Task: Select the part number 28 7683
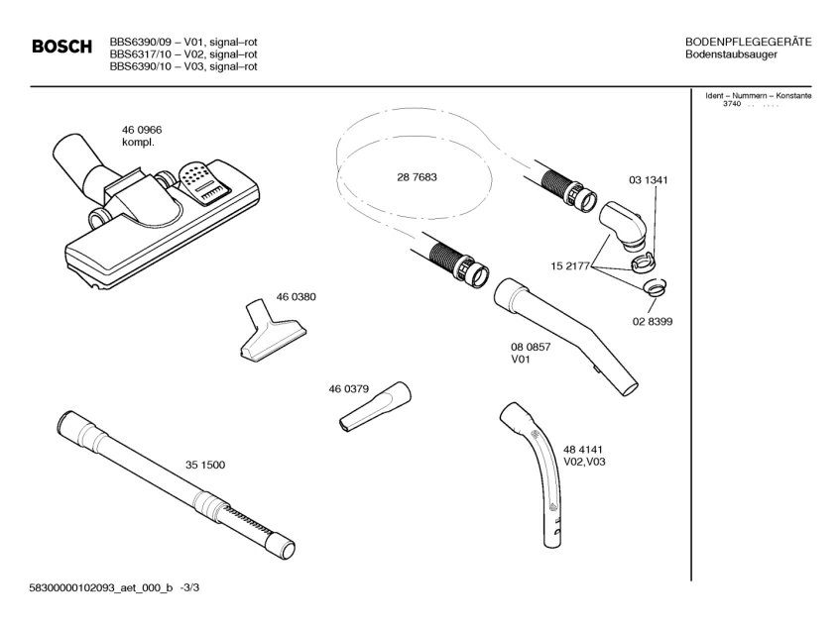[x=417, y=177]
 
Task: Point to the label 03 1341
[x=649, y=180]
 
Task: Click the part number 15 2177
[x=571, y=265]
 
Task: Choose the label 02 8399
[x=653, y=322]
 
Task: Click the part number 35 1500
[x=205, y=465]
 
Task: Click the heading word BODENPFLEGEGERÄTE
[x=749, y=42]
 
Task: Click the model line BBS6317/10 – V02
[x=183, y=54]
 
